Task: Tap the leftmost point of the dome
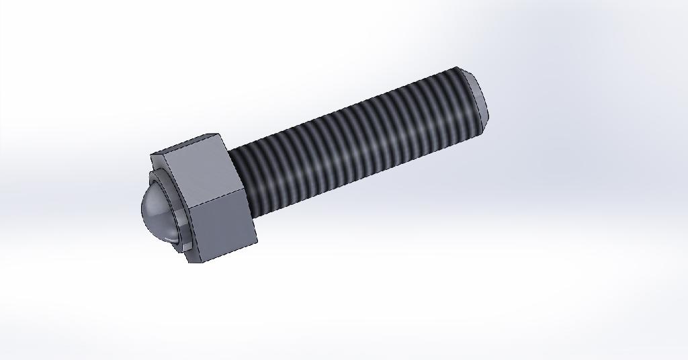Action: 142,208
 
